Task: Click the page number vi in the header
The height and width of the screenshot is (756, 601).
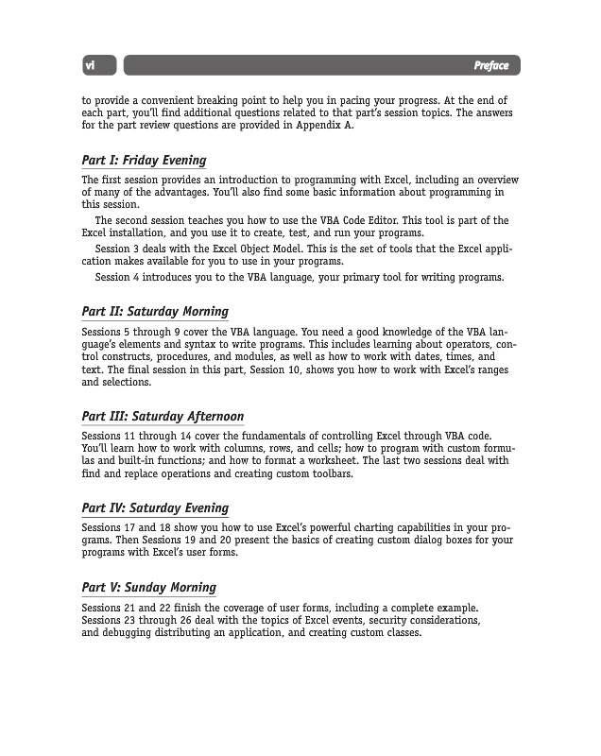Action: point(91,65)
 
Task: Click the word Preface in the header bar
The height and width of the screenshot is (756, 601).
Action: point(490,65)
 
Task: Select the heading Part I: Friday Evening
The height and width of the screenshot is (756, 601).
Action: point(144,160)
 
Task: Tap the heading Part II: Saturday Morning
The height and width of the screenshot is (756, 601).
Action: point(155,311)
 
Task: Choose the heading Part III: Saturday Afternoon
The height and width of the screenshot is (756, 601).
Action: point(163,416)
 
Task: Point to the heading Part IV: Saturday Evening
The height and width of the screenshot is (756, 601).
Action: point(155,507)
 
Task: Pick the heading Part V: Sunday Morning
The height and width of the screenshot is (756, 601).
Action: point(148,587)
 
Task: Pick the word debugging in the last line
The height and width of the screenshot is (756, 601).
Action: point(128,633)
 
